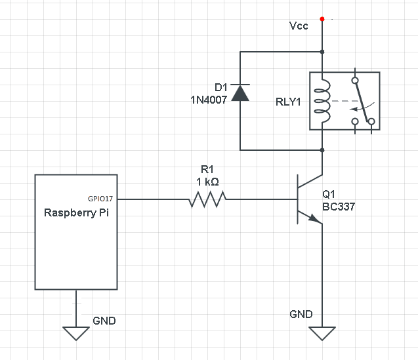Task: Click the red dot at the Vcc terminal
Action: pos(322,19)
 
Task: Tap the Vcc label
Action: pos(298,26)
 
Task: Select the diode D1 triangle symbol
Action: pos(241,93)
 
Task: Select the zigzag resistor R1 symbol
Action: pos(208,199)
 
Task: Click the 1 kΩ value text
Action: pos(208,181)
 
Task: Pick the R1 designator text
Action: pos(208,169)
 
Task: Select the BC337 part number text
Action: pos(339,207)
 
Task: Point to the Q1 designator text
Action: pos(330,195)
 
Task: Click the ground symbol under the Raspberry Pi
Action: pos(76,332)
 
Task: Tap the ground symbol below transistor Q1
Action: pos(322,333)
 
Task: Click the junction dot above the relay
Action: pos(322,52)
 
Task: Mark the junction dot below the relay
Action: pos(322,150)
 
